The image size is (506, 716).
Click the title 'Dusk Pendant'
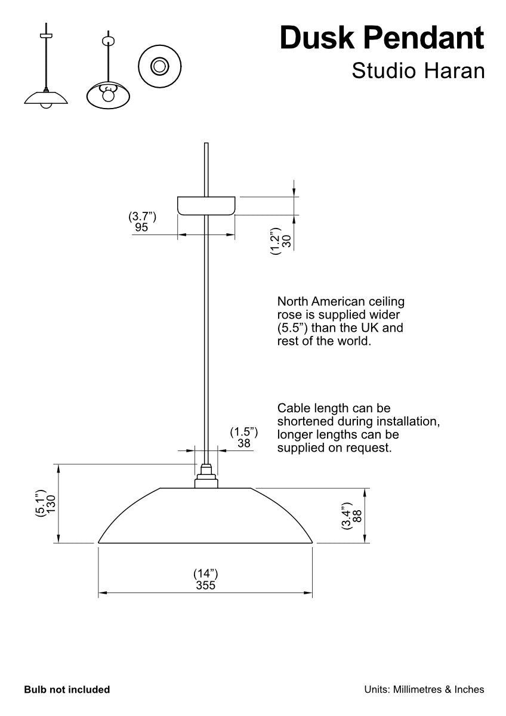click(382, 38)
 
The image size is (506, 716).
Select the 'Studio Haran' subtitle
click(418, 70)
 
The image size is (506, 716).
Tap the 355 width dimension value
click(205, 586)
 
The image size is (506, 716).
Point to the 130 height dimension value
click(51, 504)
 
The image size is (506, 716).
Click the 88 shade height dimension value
click(357, 516)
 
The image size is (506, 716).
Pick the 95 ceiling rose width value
click(141, 227)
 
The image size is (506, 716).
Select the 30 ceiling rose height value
click(286, 241)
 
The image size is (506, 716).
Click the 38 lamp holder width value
click(243, 443)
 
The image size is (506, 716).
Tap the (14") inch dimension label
click(205, 574)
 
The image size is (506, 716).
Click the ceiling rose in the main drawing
click(206, 206)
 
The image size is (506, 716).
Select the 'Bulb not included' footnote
click(67, 690)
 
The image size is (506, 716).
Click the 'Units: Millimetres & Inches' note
click(424, 690)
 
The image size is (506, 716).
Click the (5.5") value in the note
click(292, 328)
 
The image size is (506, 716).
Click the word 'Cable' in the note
click(294, 409)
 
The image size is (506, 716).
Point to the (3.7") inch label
click(142, 217)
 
